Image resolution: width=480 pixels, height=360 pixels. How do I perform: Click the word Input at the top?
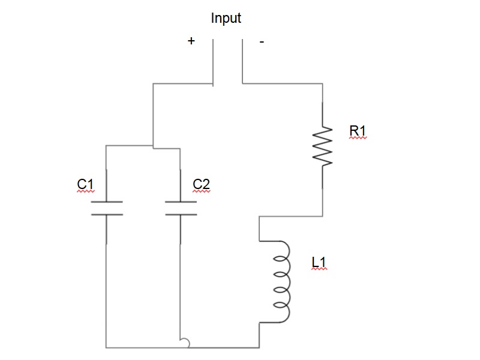[x=226, y=19]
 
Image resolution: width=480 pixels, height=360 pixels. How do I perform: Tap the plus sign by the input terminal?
[x=191, y=41]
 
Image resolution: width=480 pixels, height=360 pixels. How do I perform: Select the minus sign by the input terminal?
[x=262, y=41]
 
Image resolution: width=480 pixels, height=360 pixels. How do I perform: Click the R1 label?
[x=357, y=131]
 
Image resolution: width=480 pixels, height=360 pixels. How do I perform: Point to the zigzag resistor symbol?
[x=322, y=146]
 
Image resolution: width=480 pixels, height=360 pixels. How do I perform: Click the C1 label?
[x=85, y=184]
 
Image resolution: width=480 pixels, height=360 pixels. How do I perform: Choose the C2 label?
[x=201, y=184]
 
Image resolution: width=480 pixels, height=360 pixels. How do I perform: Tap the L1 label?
[x=319, y=262]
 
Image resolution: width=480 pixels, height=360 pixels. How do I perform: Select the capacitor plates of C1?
[x=107, y=208]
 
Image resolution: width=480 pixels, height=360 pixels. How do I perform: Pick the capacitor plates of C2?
[x=181, y=208]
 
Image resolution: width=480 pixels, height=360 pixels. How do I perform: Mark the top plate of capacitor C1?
[x=107, y=202]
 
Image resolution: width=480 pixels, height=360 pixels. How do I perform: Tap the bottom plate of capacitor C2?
[x=181, y=214]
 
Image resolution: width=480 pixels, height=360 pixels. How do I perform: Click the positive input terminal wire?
[x=213, y=63]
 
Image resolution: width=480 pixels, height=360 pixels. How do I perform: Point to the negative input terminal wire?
[x=242, y=61]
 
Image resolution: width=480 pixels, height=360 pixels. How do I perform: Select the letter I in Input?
[x=212, y=17]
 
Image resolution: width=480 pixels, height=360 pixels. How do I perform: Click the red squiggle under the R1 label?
[x=358, y=139]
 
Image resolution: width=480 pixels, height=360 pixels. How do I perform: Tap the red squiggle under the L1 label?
[x=319, y=269]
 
